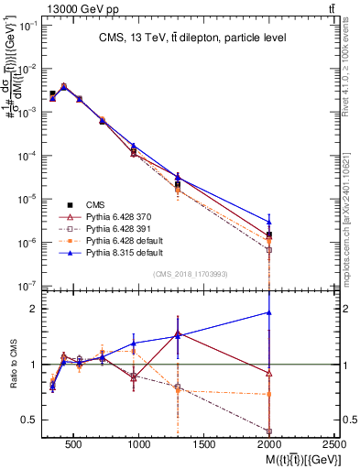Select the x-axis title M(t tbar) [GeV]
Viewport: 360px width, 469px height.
[x=291, y=458]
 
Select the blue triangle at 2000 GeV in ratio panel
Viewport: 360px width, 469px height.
[x=269, y=312]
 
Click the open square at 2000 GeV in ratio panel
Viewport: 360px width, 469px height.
[x=269, y=431]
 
